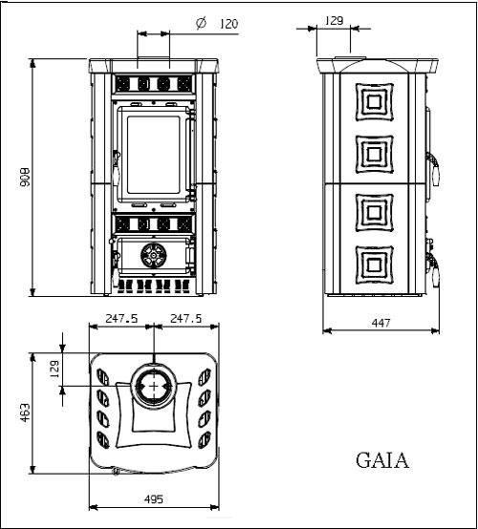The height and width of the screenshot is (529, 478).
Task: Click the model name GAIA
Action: coord(382,460)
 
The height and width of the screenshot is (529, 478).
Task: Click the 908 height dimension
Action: coord(25,177)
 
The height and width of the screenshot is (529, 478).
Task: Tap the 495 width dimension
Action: coord(154,499)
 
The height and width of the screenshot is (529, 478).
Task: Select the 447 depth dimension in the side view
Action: coord(380,323)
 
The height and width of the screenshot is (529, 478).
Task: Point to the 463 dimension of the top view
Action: coord(25,413)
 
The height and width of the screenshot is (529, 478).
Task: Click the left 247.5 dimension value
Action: coord(121,318)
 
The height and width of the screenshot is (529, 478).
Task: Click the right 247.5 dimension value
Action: coord(185,318)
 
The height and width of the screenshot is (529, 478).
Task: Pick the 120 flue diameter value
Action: coord(229,24)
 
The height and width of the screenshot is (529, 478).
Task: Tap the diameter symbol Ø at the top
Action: coord(201,23)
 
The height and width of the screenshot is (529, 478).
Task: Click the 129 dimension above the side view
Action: coord(334,21)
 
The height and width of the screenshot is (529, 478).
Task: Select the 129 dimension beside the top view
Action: coord(54,370)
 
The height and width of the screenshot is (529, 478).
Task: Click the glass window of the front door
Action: coord(153,155)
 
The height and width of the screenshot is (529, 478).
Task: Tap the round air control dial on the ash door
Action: coord(154,255)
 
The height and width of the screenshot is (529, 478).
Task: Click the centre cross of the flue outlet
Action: coord(154,386)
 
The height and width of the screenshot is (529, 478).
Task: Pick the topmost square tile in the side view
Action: coord(375,101)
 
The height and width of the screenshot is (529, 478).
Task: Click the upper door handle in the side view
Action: coord(433,169)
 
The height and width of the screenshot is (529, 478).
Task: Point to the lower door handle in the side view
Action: coord(433,270)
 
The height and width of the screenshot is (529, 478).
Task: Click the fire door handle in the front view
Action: coord(116,168)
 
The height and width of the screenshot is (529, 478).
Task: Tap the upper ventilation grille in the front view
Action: coord(154,84)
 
